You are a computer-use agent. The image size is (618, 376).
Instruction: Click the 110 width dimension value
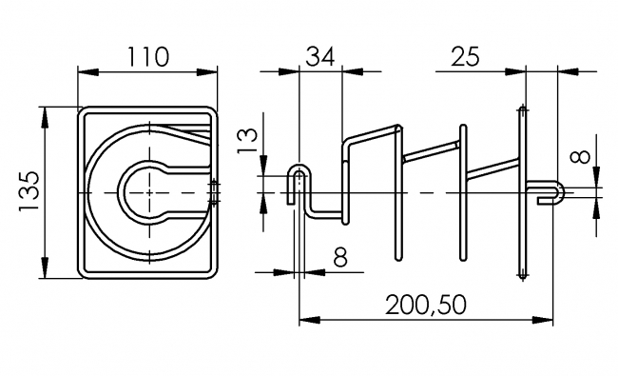tap(149, 57)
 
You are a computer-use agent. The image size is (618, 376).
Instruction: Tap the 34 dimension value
tap(321, 57)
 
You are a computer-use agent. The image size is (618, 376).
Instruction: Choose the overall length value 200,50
tap(426, 307)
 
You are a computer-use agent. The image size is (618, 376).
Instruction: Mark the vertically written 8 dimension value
tap(582, 155)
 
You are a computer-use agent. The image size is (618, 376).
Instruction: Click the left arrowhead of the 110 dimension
tap(84, 71)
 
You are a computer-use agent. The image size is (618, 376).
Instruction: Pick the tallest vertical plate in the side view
tap(521, 190)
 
